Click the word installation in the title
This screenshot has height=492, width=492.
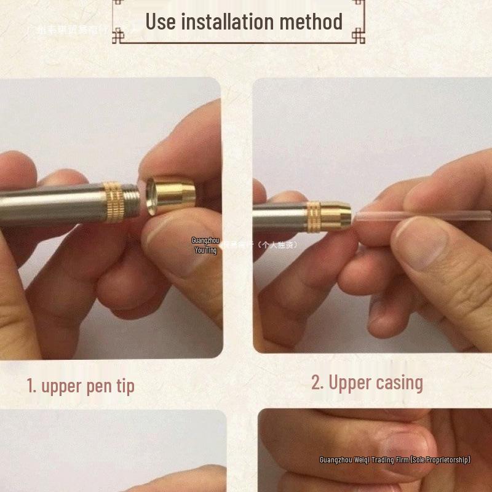point(227,22)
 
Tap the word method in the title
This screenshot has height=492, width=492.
point(311,22)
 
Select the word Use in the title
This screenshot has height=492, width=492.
point(161,22)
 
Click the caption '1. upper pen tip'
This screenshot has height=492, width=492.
point(81,386)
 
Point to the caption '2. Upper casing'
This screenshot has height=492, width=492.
point(367,383)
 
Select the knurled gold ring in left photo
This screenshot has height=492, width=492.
point(113,202)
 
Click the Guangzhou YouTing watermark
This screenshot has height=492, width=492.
point(205,245)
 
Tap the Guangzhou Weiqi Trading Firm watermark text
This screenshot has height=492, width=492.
point(394,460)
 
